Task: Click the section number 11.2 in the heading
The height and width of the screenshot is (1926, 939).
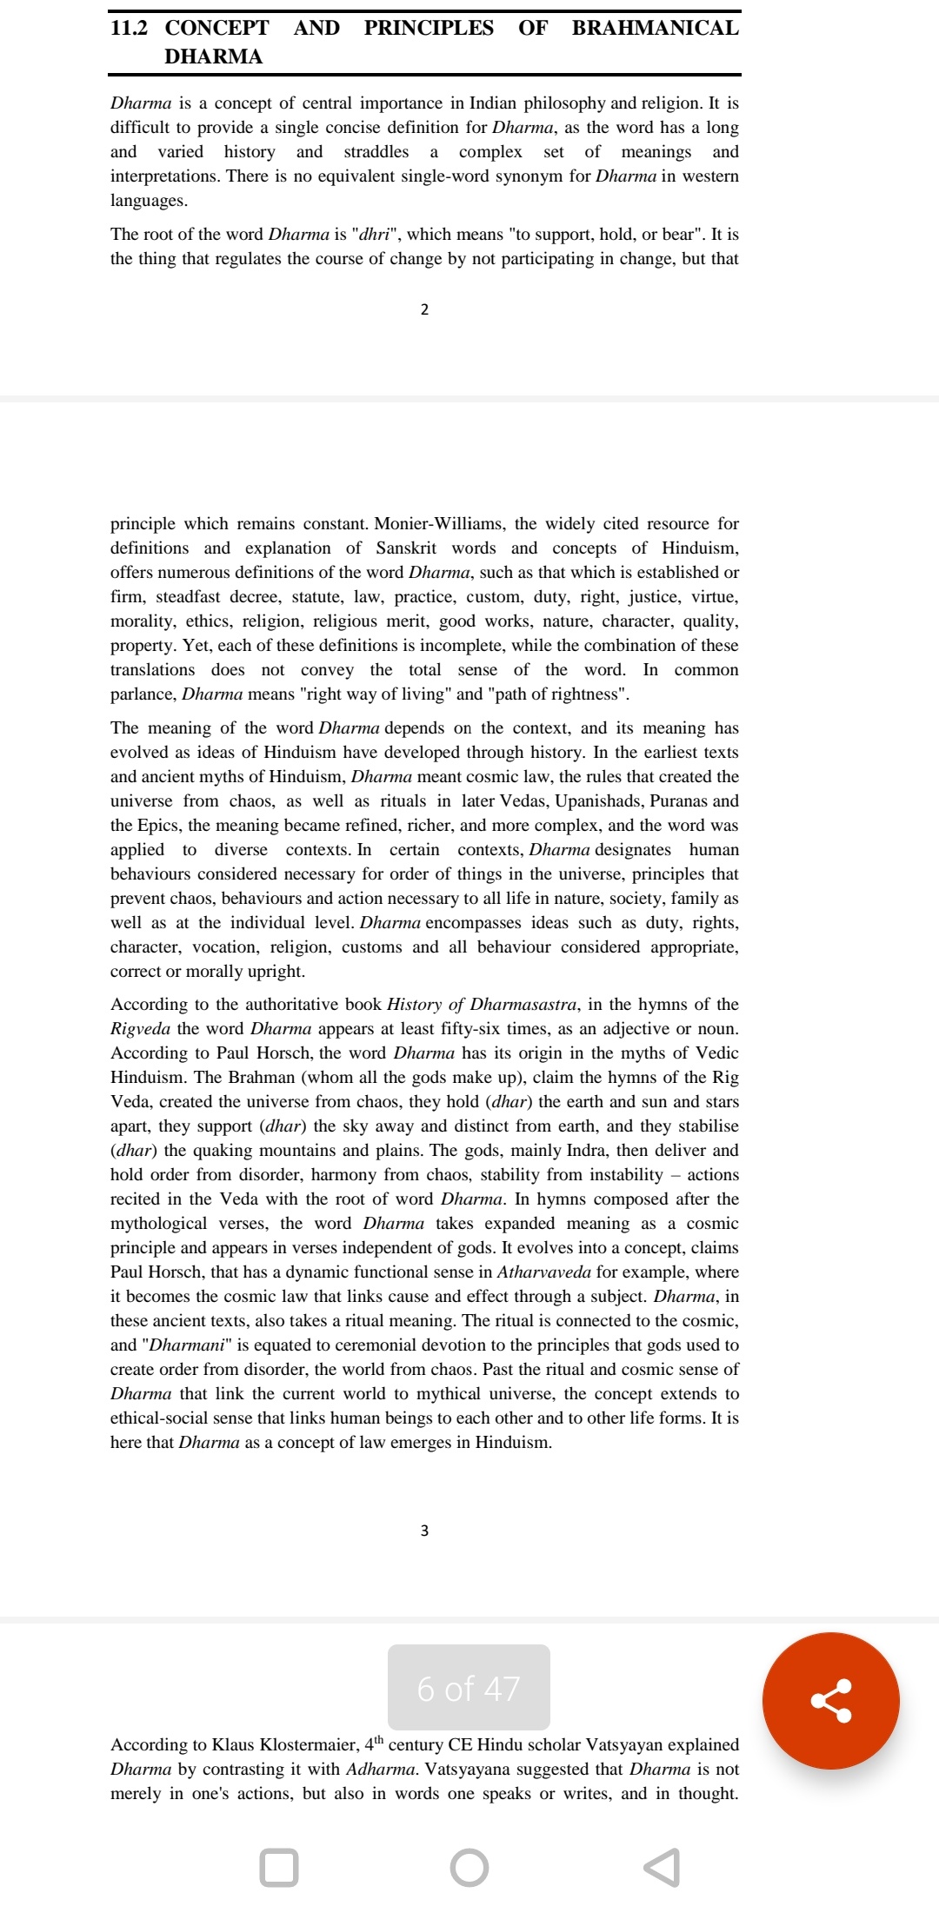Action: click(x=129, y=28)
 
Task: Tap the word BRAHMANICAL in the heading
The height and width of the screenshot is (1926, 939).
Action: click(x=655, y=28)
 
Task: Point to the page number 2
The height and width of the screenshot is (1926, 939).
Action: click(x=424, y=309)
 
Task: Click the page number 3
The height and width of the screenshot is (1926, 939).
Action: click(x=424, y=1531)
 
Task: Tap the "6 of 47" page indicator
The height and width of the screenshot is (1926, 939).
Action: click(x=469, y=1688)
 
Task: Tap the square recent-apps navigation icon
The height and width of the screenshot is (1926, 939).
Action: click(x=279, y=1868)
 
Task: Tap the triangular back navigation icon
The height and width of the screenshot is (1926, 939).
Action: click(x=662, y=1868)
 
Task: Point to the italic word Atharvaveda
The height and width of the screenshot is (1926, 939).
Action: click(x=544, y=1272)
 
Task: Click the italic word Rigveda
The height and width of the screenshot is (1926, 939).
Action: click(x=140, y=1028)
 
